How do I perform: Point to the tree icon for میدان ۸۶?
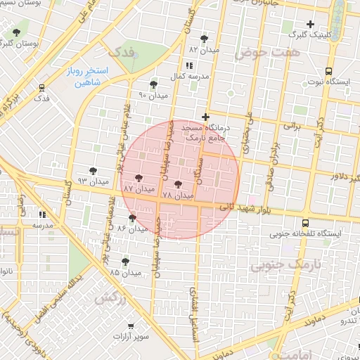click(x=132, y=218)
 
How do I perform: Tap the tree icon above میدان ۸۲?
click(x=204, y=39)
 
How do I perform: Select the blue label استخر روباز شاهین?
click(x=88, y=77)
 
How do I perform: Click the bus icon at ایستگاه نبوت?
click(x=328, y=71)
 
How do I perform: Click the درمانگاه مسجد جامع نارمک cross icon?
click(x=205, y=117)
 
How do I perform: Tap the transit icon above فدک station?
click(x=42, y=89)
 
